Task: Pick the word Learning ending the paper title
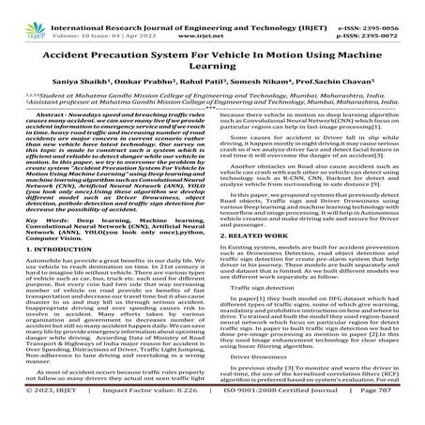pyautogui.click(x=212, y=63)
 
